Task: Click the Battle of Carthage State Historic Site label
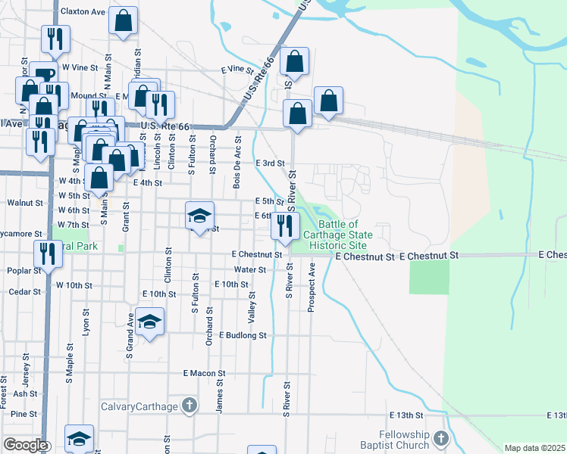point(337,235)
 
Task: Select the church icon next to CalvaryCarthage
point(189,406)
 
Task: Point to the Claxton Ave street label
point(83,12)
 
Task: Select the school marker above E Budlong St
point(150,323)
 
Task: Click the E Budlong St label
point(243,335)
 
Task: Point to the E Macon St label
point(205,373)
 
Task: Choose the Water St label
point(250,269)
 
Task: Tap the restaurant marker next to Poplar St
point(48,256)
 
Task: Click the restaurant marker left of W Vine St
point(55,40)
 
